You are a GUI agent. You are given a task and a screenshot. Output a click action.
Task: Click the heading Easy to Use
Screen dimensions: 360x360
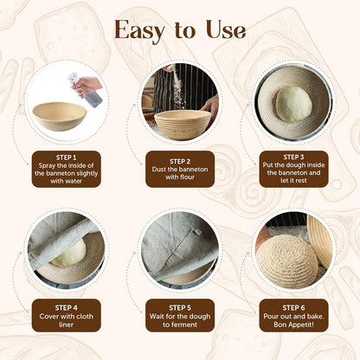tap(180, 30)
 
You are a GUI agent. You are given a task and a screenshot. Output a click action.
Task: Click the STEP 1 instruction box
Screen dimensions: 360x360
tap(67, 170)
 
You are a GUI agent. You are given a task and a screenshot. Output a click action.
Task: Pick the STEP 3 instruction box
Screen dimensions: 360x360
tap(293, 170)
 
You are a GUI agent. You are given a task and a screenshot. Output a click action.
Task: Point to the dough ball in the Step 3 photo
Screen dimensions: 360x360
tap(292, 103)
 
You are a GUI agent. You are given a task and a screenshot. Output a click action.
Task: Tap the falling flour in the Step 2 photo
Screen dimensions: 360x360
tap(177, 87)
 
